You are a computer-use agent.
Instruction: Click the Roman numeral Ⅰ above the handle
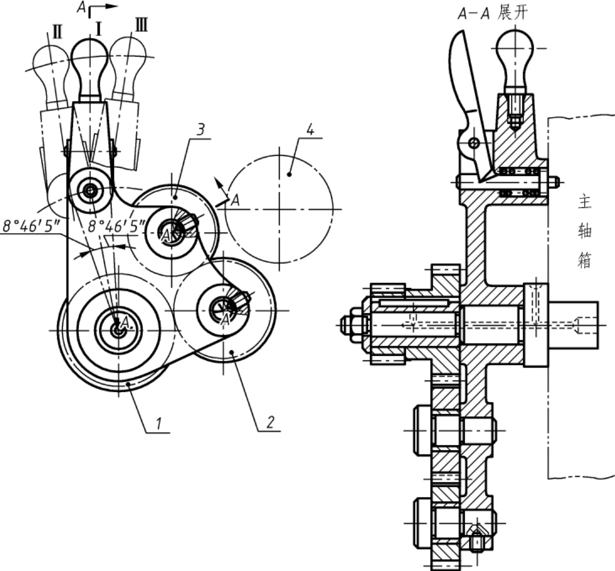coord(99,29)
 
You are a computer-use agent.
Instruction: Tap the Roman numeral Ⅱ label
coord(57,32)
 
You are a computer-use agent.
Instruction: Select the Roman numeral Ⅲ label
coord(141,25)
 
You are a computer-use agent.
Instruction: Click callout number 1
coord(158,423)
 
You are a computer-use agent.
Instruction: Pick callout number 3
coord(201,129)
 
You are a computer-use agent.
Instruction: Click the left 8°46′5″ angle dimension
coord(31,226)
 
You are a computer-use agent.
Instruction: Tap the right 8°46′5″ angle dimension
coord(117,226)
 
